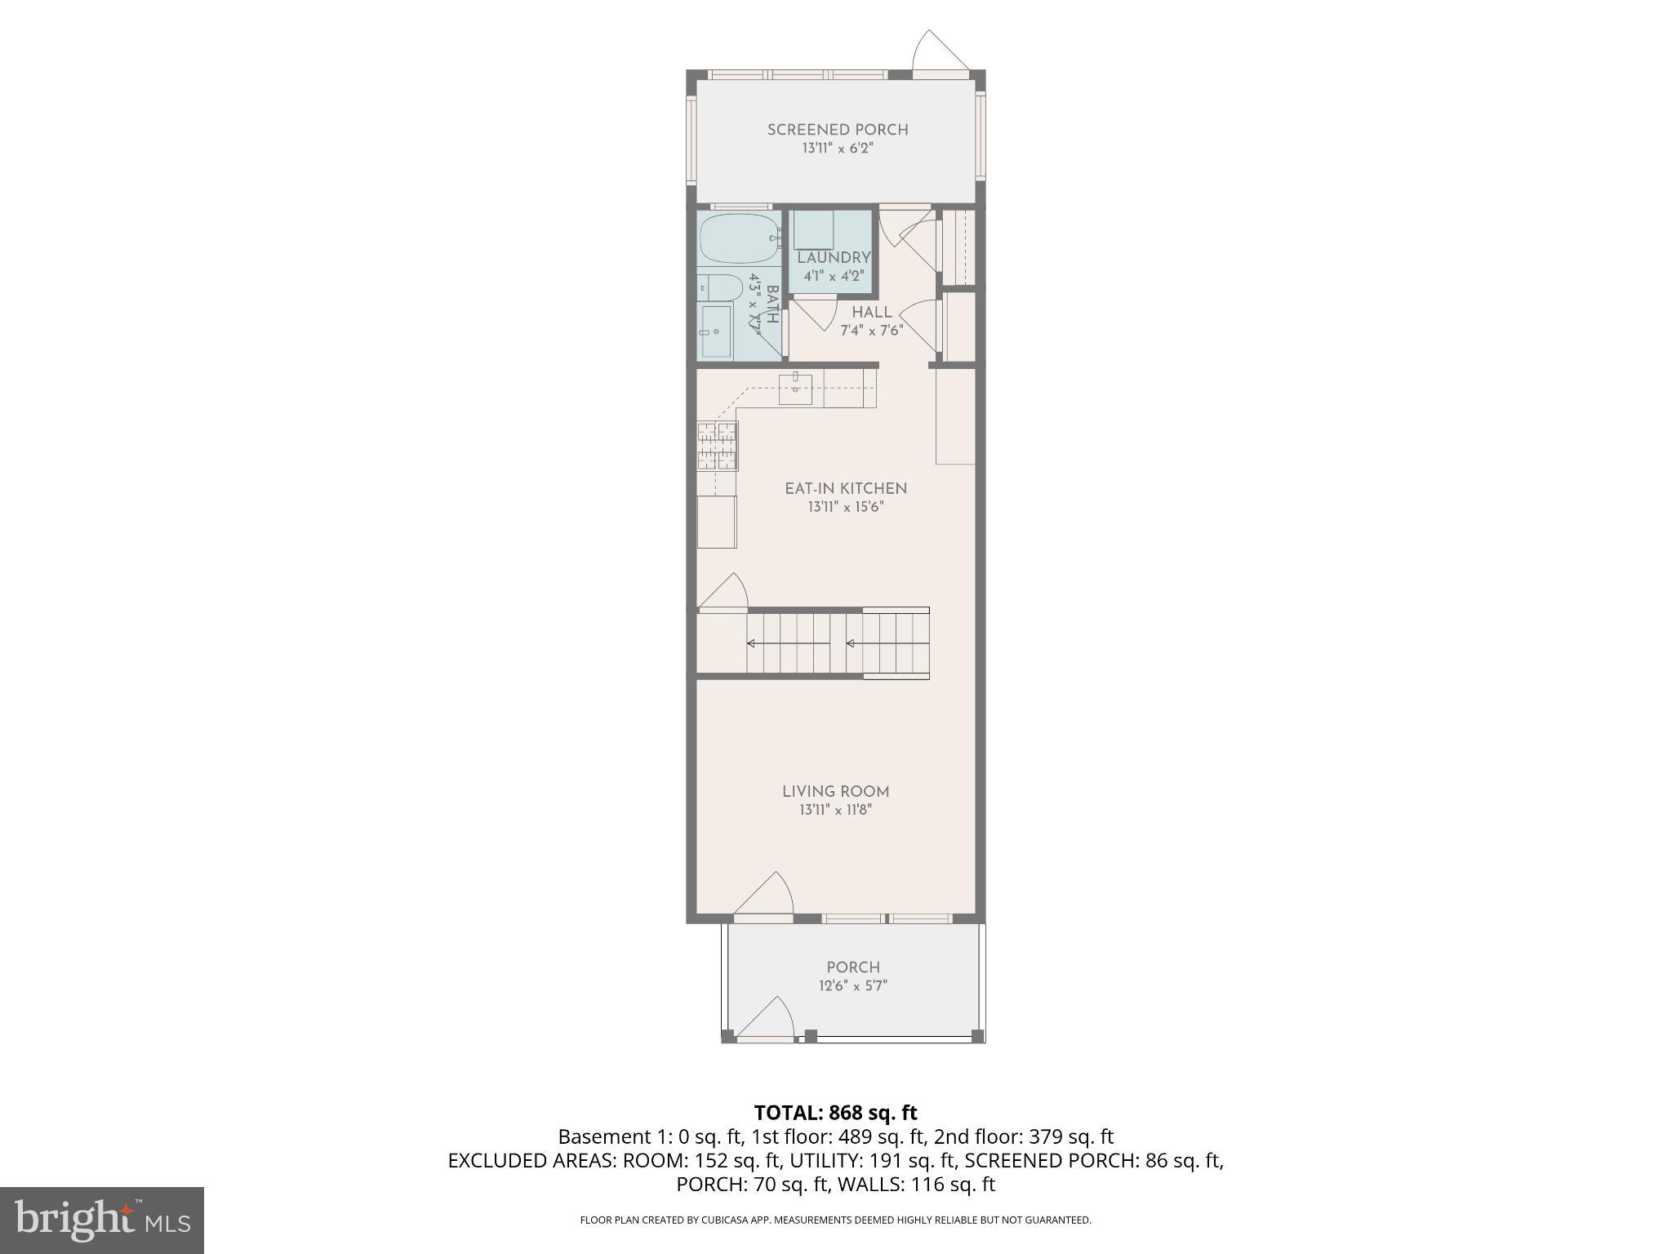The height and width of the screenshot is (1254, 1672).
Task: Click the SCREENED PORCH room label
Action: [838, 130]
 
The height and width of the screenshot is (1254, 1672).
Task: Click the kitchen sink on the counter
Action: [795, 389]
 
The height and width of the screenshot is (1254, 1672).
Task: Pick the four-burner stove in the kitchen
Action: [718, 446]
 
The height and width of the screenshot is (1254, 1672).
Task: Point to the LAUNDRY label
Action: [834, 258]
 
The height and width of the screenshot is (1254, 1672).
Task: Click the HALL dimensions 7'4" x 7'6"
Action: [872, 331]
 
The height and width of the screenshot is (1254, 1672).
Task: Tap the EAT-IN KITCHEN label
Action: [846, 488]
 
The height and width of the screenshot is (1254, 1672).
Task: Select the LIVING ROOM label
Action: [836, 791]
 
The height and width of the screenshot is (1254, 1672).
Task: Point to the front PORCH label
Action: [853, 967]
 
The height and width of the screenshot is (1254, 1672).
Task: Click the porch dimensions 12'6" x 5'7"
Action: [853, 985]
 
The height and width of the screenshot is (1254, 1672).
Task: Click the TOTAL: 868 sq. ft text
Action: [835, 1113]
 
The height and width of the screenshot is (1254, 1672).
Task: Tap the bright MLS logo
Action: [102, 1221]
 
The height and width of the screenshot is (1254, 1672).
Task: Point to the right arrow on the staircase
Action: [851, 643]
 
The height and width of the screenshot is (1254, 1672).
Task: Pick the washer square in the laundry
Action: [813, 229]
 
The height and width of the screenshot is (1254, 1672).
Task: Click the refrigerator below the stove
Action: [717, 522]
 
